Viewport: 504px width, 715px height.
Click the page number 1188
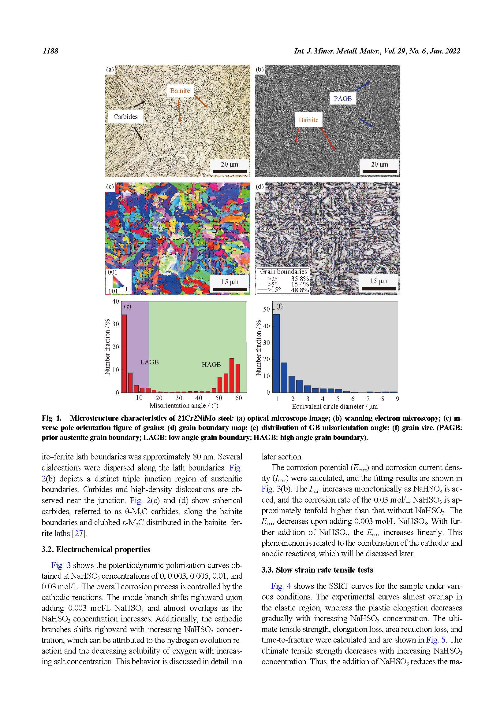click(50, 51)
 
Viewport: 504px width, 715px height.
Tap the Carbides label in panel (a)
click(125, 117)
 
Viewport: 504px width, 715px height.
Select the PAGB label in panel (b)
click(342, 99)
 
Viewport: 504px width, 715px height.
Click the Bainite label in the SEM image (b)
click(308, 120)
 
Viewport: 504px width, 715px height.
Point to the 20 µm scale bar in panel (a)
click(230, 171)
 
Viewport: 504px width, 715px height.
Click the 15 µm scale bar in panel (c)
click(230, 289)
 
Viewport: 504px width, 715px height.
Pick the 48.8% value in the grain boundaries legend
click(300, 290)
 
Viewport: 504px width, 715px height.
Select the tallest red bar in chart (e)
click(124, 353)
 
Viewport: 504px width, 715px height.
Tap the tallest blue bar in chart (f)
click(276, 353)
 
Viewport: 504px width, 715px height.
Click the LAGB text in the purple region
click(149, 362)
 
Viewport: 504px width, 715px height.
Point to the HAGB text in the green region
click(211, 364)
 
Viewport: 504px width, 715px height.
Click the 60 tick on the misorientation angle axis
click(238, 398)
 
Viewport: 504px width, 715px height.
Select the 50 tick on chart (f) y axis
click(266, 309)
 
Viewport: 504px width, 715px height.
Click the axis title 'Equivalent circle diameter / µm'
click(334, 406)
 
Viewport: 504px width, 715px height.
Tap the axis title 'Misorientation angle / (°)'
click(184, 405)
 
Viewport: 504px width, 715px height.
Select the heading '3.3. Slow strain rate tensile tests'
click(317, 569)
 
